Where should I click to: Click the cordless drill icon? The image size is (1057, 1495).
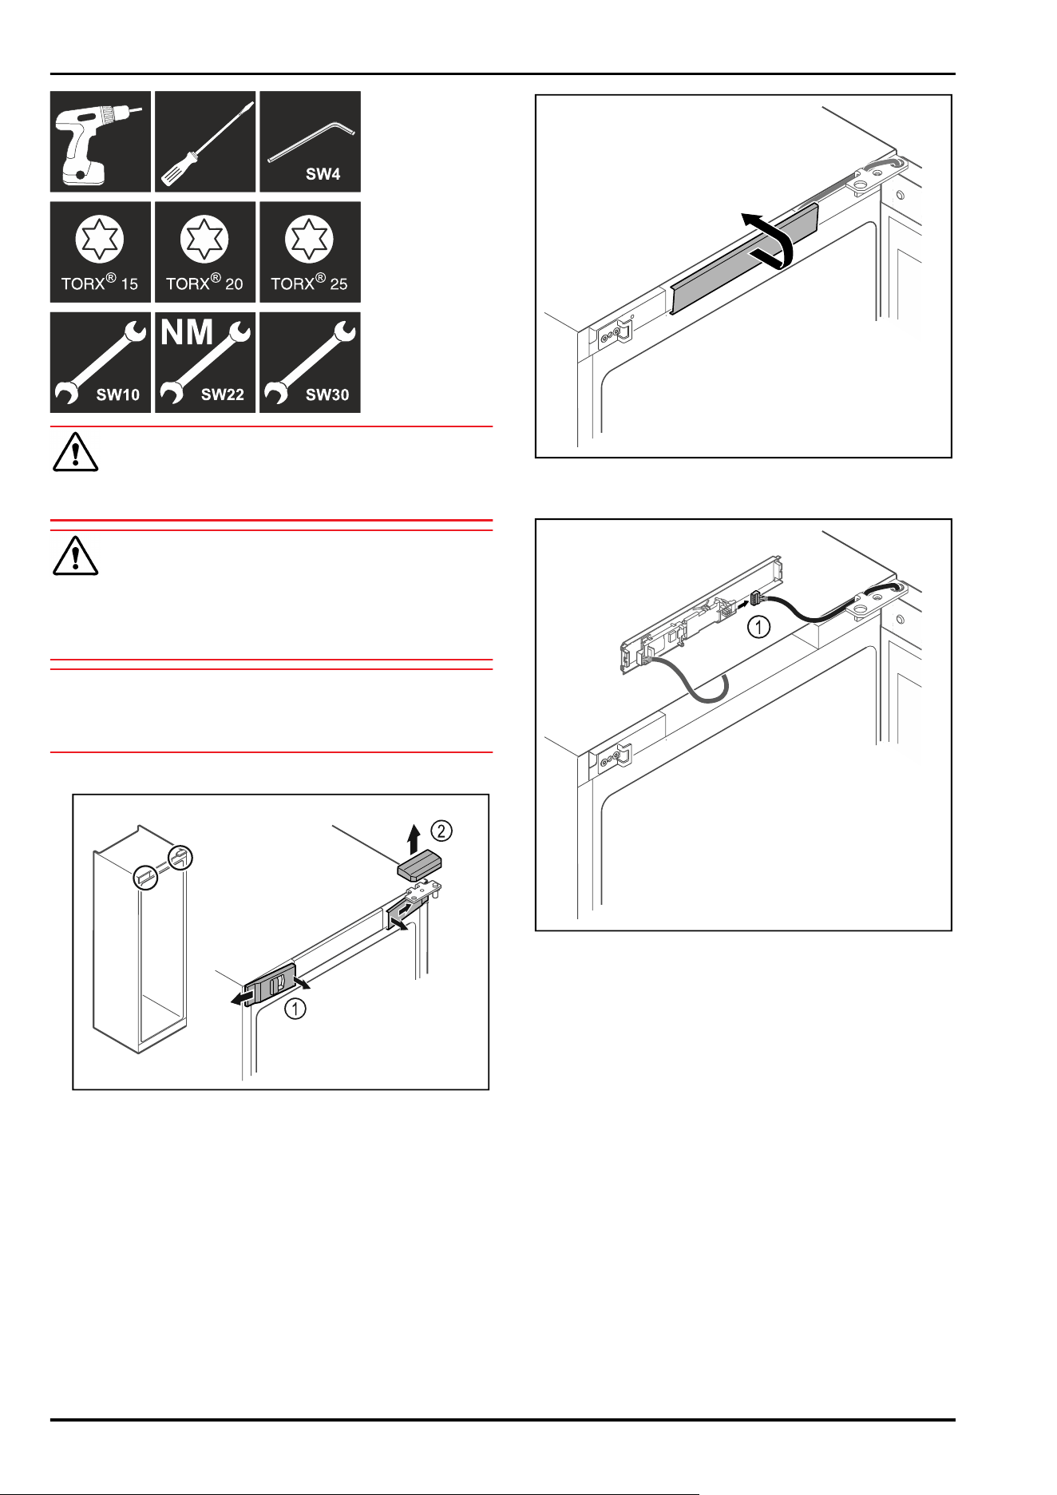(x=101, y=141)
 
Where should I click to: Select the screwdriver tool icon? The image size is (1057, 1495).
(x=205, y=141)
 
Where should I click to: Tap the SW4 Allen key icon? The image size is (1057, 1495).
(x=310, y=141)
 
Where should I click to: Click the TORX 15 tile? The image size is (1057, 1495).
(x=101, y=252)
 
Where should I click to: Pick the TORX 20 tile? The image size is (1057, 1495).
(x=205, y=252)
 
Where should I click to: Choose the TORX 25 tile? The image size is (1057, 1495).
(x=310, y=252)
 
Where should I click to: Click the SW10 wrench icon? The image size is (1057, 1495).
(x=101, y=362)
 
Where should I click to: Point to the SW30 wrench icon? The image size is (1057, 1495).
(x=310, y=362)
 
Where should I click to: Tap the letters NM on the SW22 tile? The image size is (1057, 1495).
(x=188, y=333)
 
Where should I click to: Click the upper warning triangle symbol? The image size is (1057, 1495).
(x=75, y=452)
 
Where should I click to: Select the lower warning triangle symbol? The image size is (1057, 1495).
(x=75, y=556)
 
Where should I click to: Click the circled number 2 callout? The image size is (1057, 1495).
(x=441, y=831)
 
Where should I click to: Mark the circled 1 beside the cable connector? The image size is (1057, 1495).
(x=758, y=627)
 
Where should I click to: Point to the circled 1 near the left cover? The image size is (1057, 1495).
(x=295, y=1009)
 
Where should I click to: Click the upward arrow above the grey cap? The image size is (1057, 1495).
(x=414, y=839)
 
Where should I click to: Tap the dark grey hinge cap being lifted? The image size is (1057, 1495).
(x=420, y=865)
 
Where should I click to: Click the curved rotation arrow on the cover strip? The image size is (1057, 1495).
(x=770, y=240)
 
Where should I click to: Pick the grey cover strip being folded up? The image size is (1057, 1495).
(x=744, y=258)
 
